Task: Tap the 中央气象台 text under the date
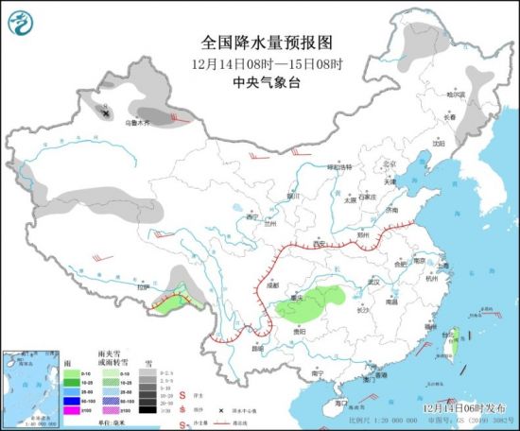click(258, 82)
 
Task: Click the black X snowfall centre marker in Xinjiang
click(106, 112)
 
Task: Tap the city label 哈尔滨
click(456, 95)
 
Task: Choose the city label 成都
click(273, 283)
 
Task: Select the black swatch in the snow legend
click(146, 409)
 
